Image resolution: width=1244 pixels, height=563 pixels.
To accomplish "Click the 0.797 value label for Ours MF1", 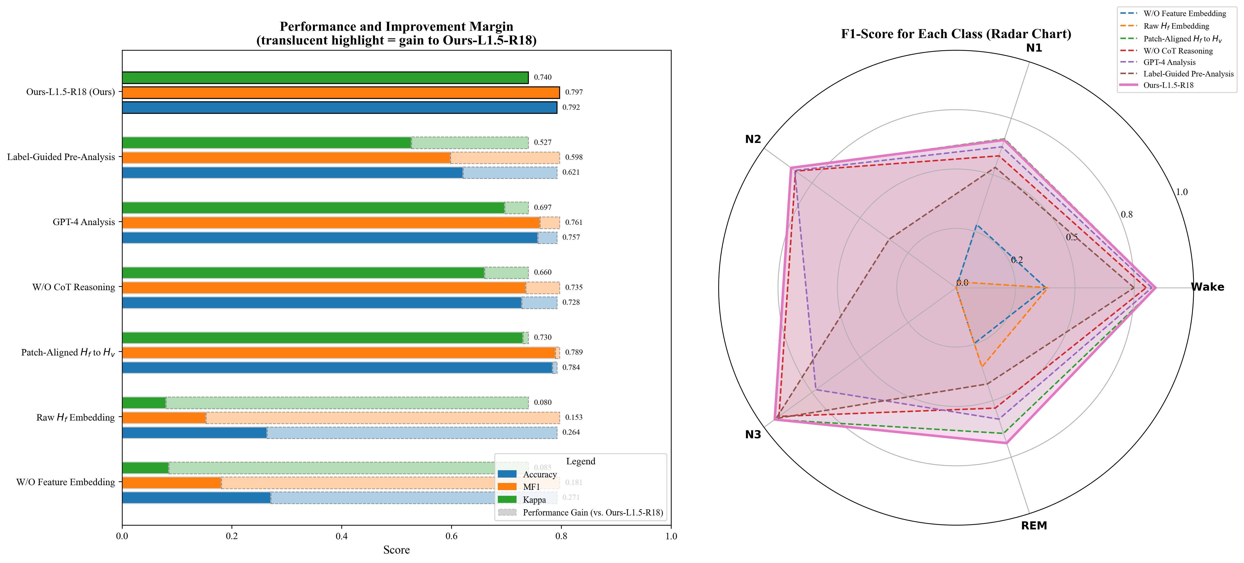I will pyautogui.click(x=574, y=92).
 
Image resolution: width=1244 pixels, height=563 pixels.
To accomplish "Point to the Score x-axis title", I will pyautogui.click(x=396, y=550).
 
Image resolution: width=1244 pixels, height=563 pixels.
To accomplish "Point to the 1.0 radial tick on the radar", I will pyautogui.click(x=1181, y=192).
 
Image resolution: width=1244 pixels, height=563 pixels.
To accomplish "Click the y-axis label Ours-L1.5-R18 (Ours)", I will pyautogui.click(x=71, y=92).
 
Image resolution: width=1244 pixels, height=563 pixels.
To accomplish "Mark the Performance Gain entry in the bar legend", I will pyautogui.click(x=593, y=512).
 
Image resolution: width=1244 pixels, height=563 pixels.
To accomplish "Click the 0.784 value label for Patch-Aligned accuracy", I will pyautogui.click(x=571, y=368).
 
